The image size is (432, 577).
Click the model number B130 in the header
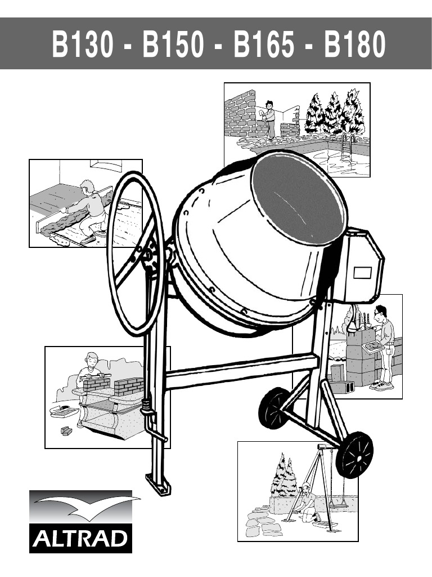tap(82, 44)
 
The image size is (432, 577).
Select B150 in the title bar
tap(173, 44)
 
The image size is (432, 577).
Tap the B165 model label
tap(264, 44)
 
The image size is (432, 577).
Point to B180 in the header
tap(354, 44)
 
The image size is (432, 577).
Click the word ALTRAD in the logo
tap(80, 539)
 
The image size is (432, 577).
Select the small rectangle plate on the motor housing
tap(362, 273)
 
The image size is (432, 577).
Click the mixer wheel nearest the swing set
tap(354, 455)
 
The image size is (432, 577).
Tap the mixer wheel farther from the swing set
tap(274, 408)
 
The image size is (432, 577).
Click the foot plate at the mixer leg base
tap(158, 484)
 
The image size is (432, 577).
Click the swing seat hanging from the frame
tap(338, 505)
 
